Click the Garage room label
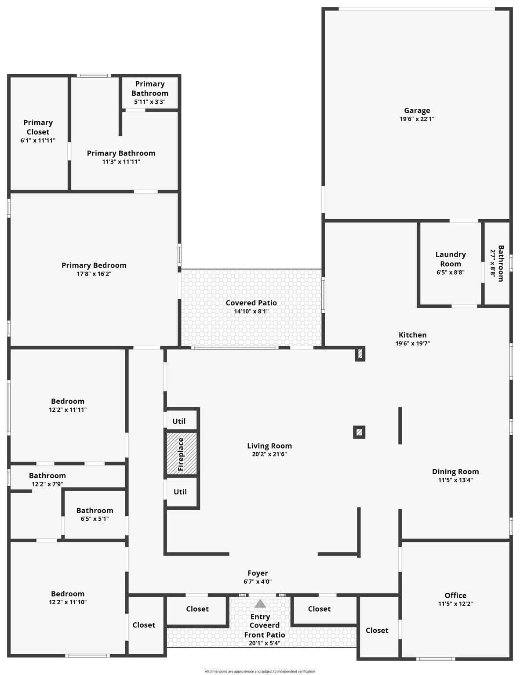point(417,111)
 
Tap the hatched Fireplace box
point(181,454)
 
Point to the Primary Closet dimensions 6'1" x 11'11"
point(38,141)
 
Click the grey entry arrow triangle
point(260,604)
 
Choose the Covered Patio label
point(251,303)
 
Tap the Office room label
point(455,595)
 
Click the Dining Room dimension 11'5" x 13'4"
point(455,480)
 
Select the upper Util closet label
point(179,421)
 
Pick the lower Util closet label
point(180,492)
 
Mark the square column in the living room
point(359,432)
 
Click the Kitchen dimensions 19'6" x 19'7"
point(412,344)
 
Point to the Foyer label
point(258,573)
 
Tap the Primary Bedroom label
point(94,265)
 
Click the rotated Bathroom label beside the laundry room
point(501,263)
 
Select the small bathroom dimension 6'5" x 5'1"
point(95,519)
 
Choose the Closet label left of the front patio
point(197,609)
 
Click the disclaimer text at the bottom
point(260,671)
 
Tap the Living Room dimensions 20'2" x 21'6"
point(269,454)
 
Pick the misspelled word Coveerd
point(265,625)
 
